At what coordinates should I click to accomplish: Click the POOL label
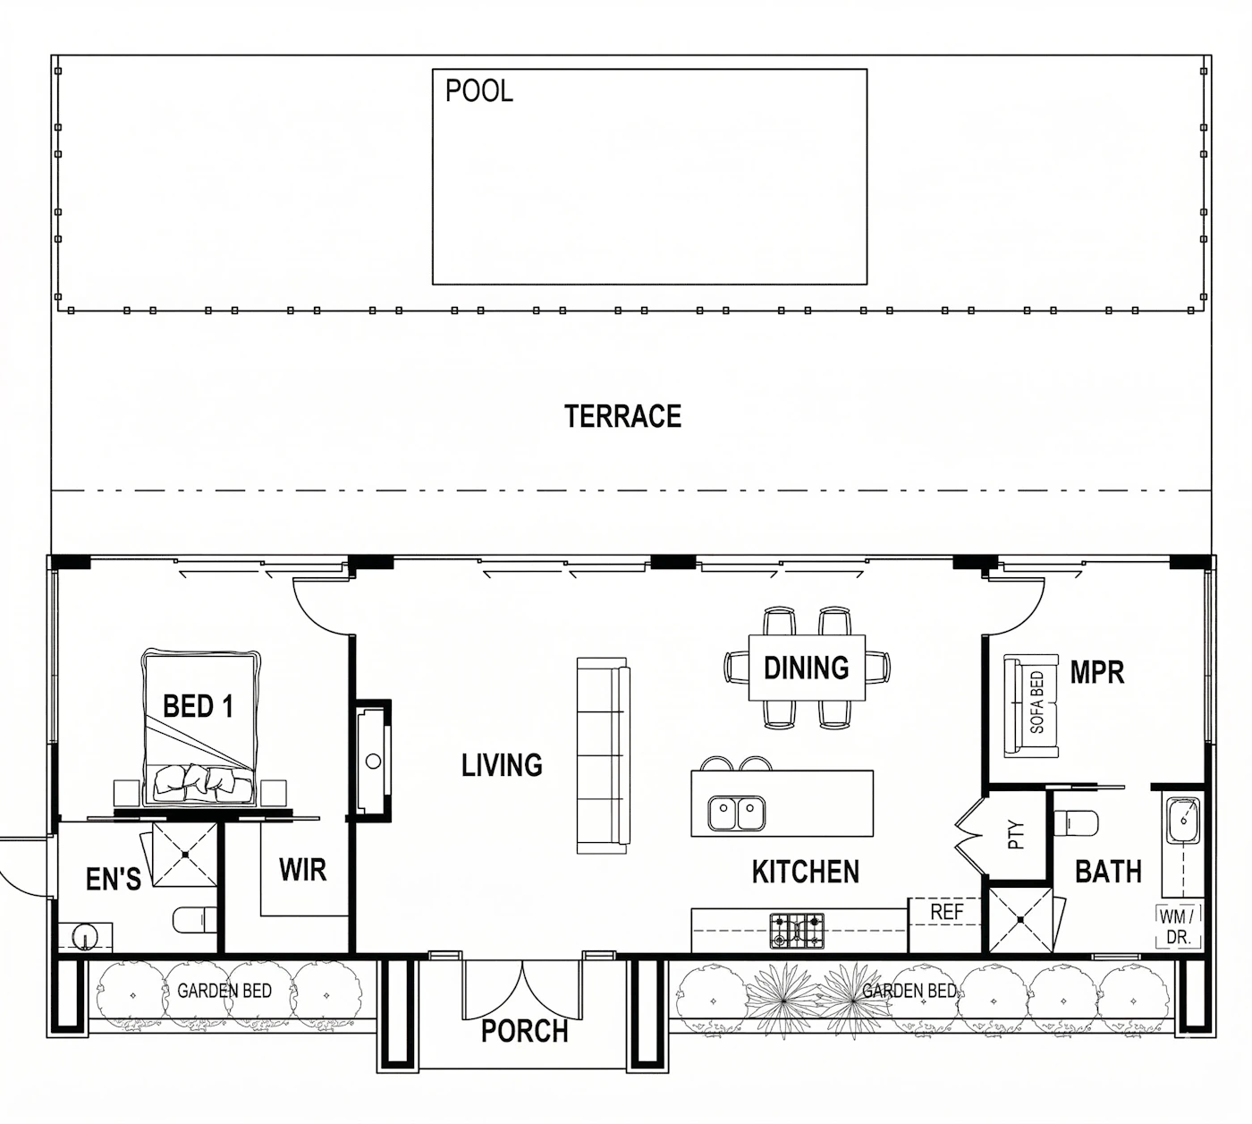coord(479,91)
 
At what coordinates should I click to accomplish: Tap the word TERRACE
coord(622,416)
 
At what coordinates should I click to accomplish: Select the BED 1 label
coord(198,706)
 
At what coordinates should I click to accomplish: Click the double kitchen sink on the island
coord(736,813)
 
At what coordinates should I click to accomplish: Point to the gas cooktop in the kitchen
coord(797,931)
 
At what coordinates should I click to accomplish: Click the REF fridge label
coord(946,912)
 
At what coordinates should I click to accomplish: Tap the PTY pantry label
coord(1015,834)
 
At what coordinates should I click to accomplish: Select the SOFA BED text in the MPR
coord(1036,702)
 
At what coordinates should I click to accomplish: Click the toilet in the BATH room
coord(1076,823)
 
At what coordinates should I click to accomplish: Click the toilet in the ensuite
coord(194,920)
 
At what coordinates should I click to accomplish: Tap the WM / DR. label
coord(1179,926)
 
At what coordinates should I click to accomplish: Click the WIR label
coord(302,870)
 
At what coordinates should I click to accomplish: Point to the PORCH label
coord(524,1031)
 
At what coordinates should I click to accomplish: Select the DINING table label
coord(806,668)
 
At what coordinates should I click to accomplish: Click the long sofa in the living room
coord(603,756)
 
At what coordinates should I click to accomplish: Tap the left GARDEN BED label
coord(224,991)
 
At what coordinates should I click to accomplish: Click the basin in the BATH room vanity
coord(1183,821)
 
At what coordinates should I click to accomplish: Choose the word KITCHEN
coord(805,872)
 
